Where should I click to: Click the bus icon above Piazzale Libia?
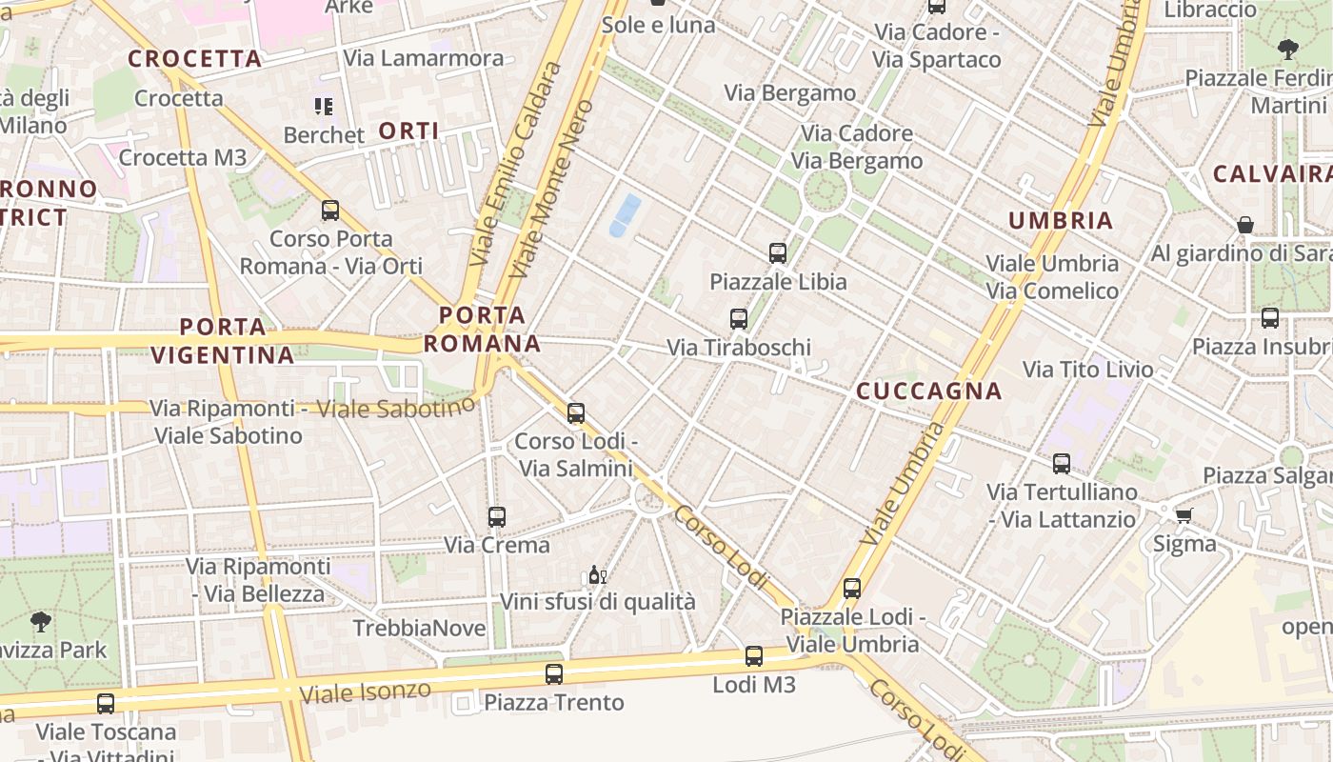click(778, 252)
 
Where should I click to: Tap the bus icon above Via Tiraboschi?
click(739, 319)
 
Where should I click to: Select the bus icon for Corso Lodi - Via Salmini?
click(576, 413)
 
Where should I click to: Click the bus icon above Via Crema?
click(497, 517)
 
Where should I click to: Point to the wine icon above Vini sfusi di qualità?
click(597, 574)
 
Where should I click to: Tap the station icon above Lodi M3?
click(754, 655)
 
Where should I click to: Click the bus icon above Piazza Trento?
click(554, 674)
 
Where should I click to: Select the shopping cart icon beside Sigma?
click(1184, 515)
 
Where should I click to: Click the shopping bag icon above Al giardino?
click(1244, 225)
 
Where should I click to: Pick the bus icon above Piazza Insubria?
click(1270, 318)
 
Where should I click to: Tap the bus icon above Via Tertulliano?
click(1062, 464)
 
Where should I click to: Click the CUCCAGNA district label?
click(928, 391)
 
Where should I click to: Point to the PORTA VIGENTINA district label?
click(223, 341)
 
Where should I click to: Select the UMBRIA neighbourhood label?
click(1061, 220)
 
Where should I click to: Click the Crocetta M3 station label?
click(183, 157)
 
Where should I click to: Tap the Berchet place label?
click(324, 135)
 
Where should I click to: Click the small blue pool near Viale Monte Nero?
click(625, 214)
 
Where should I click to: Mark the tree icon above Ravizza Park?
click(41, 622)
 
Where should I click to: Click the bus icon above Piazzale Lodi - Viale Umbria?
click(852, 589)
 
